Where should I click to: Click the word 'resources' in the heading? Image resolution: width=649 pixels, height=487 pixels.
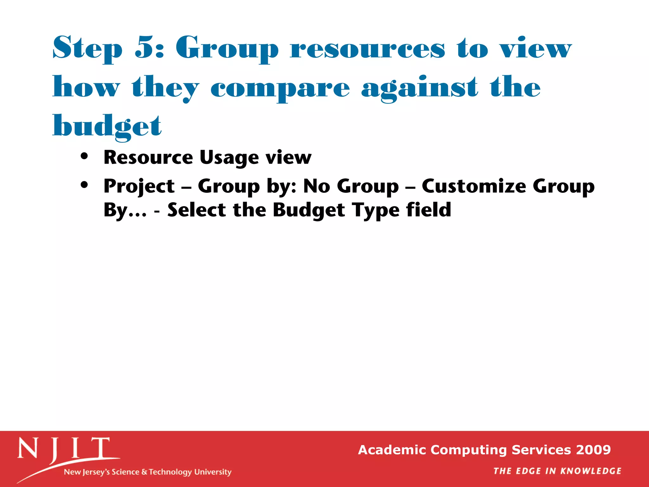[368, 49]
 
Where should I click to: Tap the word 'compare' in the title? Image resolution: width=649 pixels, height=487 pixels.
[280, 88]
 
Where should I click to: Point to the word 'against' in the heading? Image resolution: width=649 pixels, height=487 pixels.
[419, 88]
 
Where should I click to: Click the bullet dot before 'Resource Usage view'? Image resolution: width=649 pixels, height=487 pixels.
[84, 156]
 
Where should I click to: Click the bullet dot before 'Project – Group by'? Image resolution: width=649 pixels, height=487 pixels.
[84, 185]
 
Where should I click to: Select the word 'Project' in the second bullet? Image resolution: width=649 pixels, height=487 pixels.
[139, 186]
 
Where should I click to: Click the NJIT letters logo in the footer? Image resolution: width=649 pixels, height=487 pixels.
[63, 448]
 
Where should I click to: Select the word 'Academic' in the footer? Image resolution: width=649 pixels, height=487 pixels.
[392, 450]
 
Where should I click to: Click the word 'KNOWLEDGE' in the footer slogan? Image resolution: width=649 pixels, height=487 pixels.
[591, 471]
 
